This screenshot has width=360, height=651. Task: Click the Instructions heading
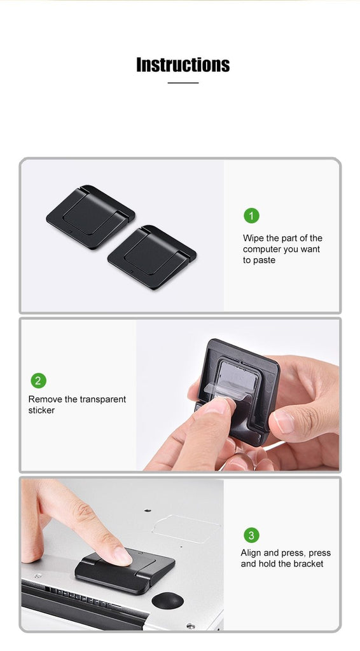pyautogui.click(x=183, y=65)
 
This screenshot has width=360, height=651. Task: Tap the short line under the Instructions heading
pyautogui.click(x=183, y=83)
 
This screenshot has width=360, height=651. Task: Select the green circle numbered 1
pyautogui.click(x=251, y=216)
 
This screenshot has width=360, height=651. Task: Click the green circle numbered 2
pyautogui.click(x=39, y=381)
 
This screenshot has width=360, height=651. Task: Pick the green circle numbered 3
pyautogui.click(x=251, y=535)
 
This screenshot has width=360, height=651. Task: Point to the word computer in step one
pyautogui.click(x=261, y=249)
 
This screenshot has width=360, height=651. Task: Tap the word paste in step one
pyautogui.click(x=265, y=261)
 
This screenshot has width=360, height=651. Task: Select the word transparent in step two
pyautogui.click(x=102, y=399)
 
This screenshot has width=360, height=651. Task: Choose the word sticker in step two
pyautogui.click(x=41, y=410)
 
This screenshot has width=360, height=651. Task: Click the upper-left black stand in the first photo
pyautogui.click(x=90, y=217)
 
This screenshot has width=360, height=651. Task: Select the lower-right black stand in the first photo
pyautogui.click(x=152, y=257)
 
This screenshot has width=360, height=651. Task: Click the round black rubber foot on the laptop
pyautogui.click(x=167, y=601)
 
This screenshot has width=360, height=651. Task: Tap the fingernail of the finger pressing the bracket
pyautogui.click(x=123, y=556)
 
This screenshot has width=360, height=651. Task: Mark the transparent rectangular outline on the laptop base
pyautogui.click(x=186, y=529)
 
